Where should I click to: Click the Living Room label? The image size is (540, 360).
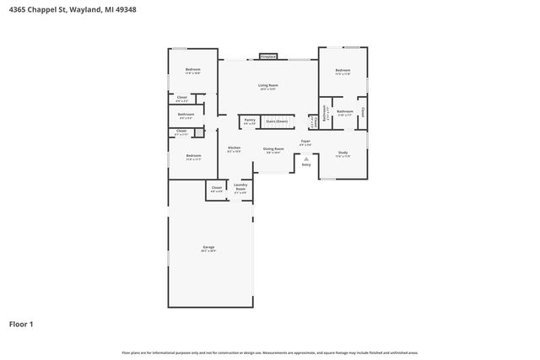268,86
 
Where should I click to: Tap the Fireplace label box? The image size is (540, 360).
268,56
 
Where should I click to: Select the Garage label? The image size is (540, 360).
208,249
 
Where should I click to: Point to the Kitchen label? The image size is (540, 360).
235,148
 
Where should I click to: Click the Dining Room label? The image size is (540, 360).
273,149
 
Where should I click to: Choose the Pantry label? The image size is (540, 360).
250,121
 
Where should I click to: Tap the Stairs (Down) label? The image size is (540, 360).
277,121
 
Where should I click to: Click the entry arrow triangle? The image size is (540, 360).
306,157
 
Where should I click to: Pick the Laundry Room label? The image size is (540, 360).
240,188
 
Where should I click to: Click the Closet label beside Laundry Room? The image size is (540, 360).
217,188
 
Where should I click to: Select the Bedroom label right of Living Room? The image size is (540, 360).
343,71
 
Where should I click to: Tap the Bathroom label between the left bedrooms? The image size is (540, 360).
186,116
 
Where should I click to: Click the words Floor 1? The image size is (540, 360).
22,324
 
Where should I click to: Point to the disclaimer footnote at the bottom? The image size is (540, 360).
269,352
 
